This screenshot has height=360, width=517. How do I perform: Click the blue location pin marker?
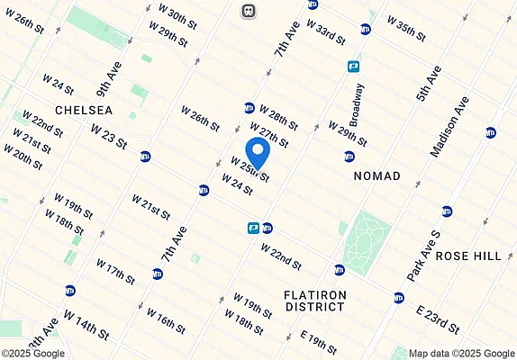(257, 149)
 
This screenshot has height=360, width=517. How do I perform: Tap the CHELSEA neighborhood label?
(83, 110)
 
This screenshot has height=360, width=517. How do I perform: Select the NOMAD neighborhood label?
(376, 175)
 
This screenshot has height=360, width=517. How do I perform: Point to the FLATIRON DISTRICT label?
(313, 301)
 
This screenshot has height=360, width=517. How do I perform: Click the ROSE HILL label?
(467, 256)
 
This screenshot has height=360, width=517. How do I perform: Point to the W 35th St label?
(405, 26)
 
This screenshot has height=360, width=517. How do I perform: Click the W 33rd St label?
(326, 31)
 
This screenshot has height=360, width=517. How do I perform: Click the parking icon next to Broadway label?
(355, 66)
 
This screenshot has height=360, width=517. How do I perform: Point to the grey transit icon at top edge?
(247, 11)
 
